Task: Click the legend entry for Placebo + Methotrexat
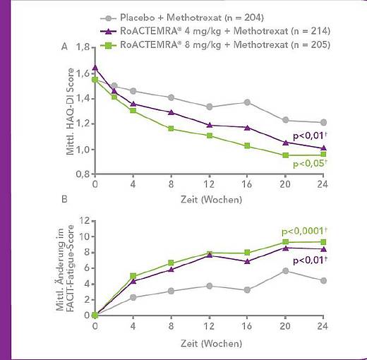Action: click(x=182, y=18)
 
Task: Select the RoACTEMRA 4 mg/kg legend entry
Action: click(x=215, y=31)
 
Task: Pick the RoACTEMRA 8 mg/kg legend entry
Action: click(x=215, y=44)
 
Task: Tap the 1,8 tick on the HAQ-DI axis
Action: click(x=83, y=47)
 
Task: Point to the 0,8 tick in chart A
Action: click(x=83, y=174)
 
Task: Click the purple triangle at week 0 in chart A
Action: click(x=95, y=68)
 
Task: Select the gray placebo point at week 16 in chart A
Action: click(x=247, y=102)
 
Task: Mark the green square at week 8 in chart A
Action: click(x=171, y=128)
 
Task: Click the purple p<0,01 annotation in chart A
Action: click(x=310, y=136)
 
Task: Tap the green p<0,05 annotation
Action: click(x=310, y=163)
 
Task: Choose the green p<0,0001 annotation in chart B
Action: click(x=304, y=231)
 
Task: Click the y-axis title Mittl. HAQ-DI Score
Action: click(x=70, y=112)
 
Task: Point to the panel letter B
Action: click(x=64, y=199)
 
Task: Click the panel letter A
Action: click(x=64, y=47)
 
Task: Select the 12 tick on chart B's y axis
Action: click(x=85, y=221)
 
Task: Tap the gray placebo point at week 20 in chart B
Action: click(x=285, y=271)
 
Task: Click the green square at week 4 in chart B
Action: click(x=133, y=276)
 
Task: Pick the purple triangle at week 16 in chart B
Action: click(x=247, y=261)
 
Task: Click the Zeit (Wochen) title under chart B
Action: click(x=211, y=344)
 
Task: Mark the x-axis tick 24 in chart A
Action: click(x=323, y=184)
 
